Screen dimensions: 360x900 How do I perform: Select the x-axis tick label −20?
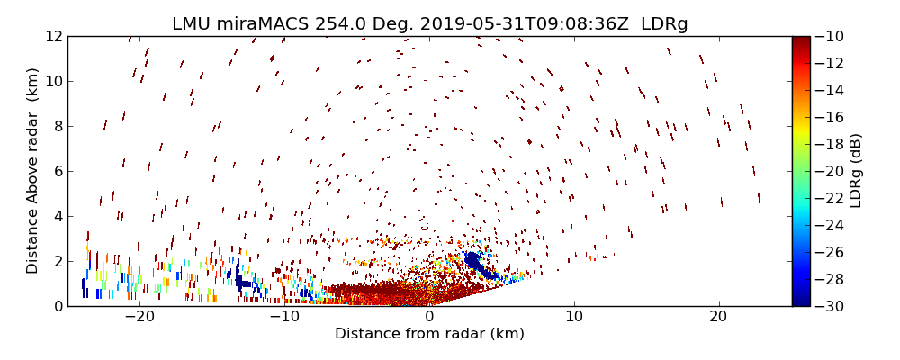click(x=139, y=317)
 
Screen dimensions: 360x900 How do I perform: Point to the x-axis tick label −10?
click(x=284, y=317)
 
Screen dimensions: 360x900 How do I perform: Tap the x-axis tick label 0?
click(x=429, y=317)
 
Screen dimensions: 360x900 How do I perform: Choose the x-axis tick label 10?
click(x=574, y=317)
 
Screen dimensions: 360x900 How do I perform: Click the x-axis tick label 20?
click(x=718, y=317)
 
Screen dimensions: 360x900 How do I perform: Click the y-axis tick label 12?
click(x=53, y=37)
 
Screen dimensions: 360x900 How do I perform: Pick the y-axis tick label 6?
click(x=57, y=171)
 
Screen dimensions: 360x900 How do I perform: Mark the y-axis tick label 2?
click(x=57, y=261)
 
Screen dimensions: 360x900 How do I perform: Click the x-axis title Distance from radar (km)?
click(x=429, y=334)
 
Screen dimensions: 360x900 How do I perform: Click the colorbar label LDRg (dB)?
click(x=856, y=171)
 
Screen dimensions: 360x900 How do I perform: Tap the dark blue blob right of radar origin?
click(x=473, y=261)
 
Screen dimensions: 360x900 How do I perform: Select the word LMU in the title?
click(x=193, y=24)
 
